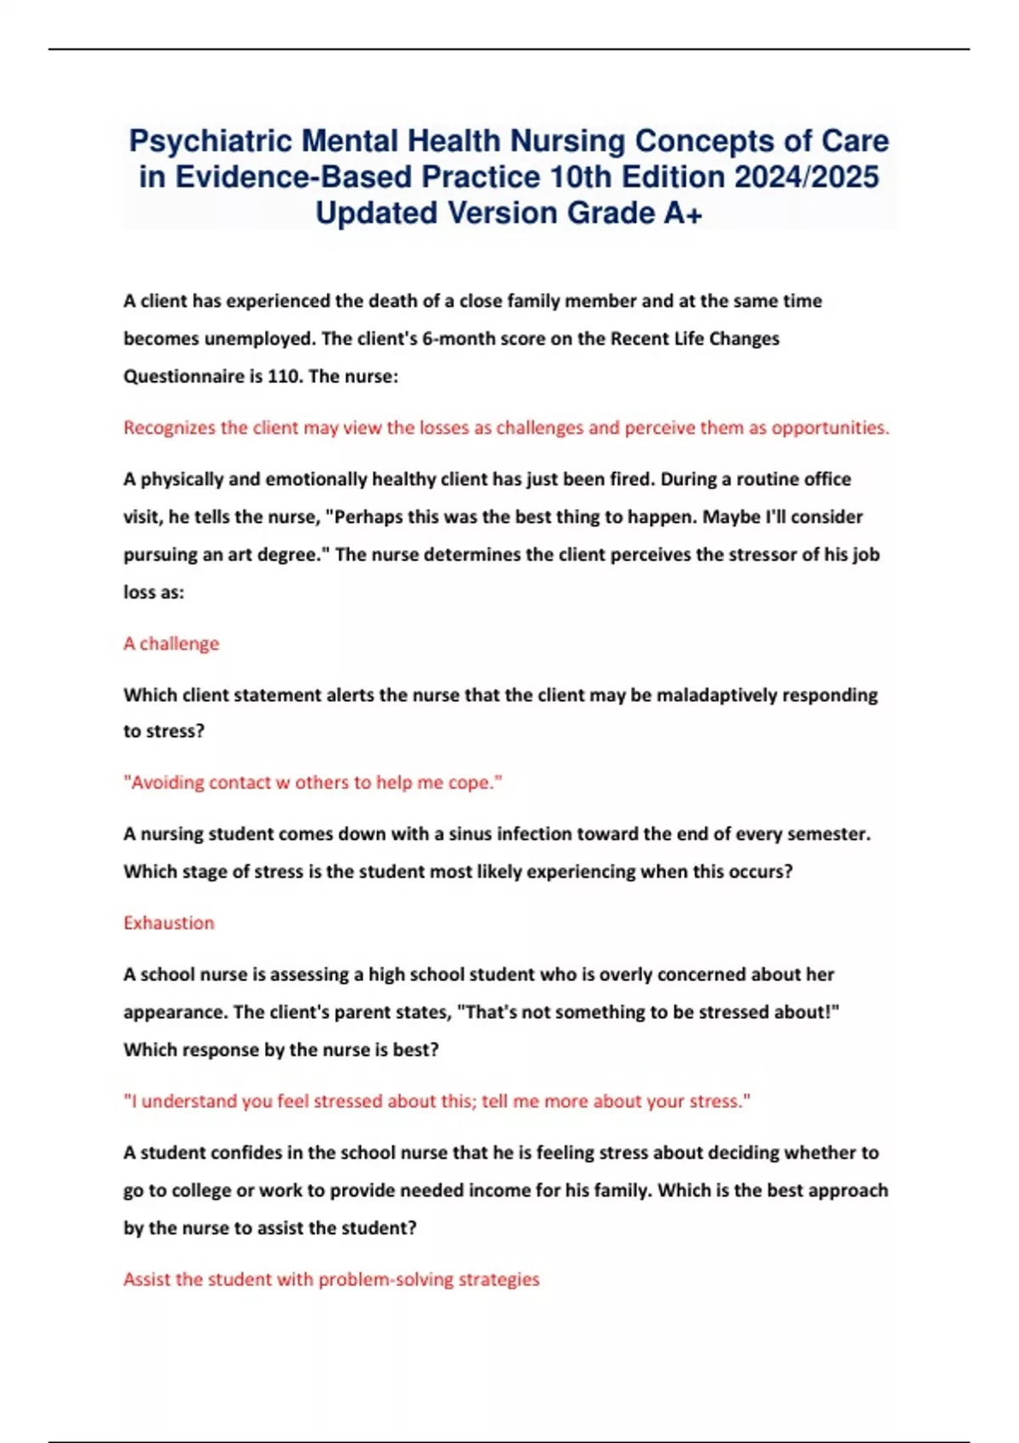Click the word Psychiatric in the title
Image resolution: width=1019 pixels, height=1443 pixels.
tap(211, 141)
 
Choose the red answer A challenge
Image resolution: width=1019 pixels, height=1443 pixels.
tap(171, 643)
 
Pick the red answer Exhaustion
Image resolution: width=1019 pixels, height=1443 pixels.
tap(168, 923)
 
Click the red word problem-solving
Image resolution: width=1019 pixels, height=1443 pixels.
tap(386, 1279)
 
